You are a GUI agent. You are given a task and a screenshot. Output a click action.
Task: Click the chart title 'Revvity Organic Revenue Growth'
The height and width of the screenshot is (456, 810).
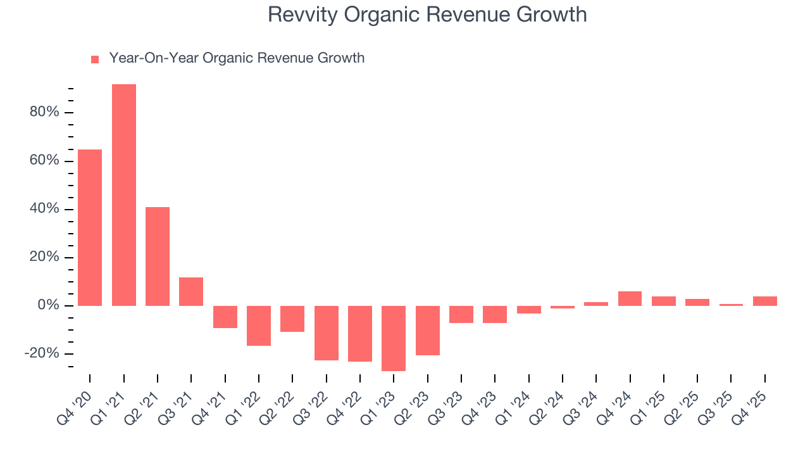tap(427, 15)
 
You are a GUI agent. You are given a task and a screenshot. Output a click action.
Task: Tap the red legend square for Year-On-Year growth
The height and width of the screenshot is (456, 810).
tap(95, 59)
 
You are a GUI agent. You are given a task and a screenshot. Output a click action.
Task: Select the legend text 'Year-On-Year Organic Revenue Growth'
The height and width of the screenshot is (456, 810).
tap(237, 58)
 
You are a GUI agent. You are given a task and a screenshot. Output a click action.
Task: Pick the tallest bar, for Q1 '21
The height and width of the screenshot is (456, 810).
tap(124, 195)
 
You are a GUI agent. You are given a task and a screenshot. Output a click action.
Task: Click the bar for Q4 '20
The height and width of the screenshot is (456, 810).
tap(90, 227)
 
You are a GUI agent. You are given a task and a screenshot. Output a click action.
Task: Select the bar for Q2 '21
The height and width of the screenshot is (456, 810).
tap(158, 256)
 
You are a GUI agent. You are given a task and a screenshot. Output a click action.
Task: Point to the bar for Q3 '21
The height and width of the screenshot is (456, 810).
tap(191, 291)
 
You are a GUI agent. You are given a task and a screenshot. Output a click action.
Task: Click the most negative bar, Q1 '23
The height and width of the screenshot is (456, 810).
tap(394, 338)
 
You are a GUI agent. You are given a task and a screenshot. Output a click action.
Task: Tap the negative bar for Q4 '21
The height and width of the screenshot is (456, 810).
tap(225, 317)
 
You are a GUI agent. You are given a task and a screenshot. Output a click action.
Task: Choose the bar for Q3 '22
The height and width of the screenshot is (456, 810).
tap(327, 333)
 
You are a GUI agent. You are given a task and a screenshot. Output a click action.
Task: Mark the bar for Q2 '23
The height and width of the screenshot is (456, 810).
tap(428, 331)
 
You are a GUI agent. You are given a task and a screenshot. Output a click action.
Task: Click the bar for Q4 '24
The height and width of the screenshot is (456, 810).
tap(630, 298)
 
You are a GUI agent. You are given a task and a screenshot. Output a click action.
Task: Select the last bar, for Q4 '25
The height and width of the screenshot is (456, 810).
tap(765, 301)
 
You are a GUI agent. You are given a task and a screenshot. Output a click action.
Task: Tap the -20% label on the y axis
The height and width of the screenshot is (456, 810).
tap(41, 353)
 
